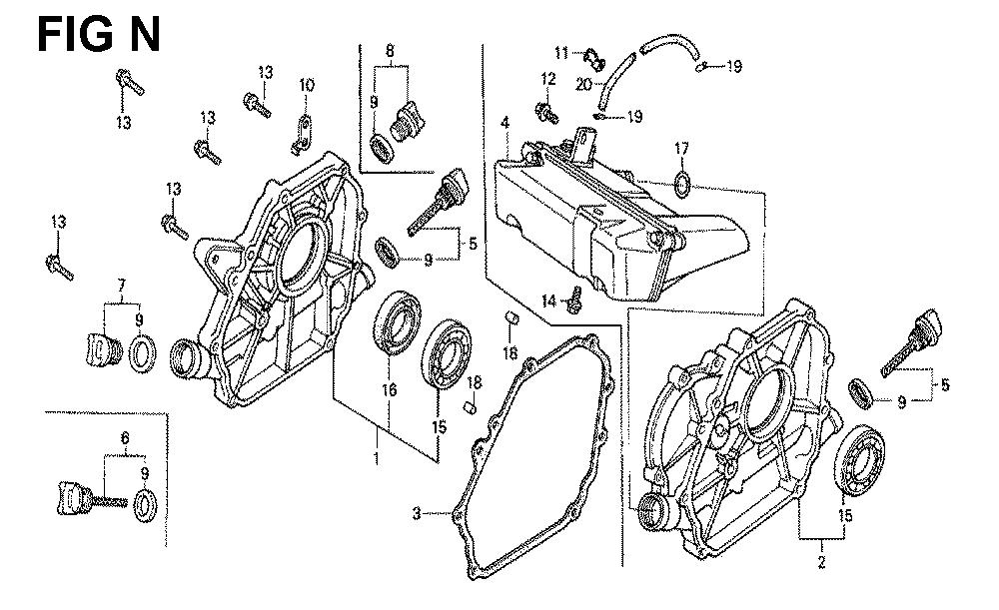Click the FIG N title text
click(99, 34)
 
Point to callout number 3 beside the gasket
click(417, 512)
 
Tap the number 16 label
click(389, 388)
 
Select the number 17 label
click(681, 149)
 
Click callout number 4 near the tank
click(504, 123)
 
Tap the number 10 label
click(307, 85)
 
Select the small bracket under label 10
click(302, 135)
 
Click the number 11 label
click(560, 52)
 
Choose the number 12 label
click(547, 79)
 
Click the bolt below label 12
click(547, 112)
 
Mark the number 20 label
click(583, 84)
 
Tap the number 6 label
click(125, 438)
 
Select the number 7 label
click(122, 285)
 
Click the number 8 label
click(390, 50)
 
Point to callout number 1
click(377, 458)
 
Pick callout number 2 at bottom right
click(822, 562)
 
